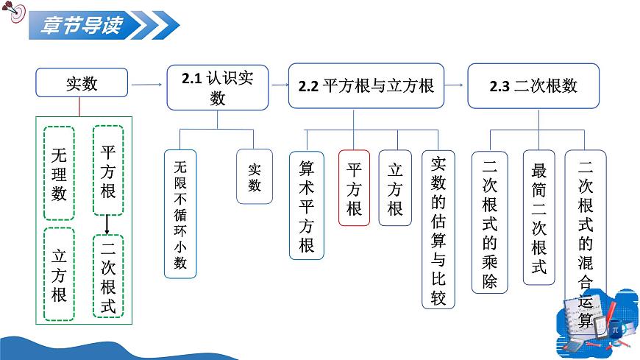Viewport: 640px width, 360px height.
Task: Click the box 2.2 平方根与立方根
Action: tap(366, 86)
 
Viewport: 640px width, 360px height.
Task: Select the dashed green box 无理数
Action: tap(60, 173)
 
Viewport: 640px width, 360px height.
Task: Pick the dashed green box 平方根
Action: tap(108, 173)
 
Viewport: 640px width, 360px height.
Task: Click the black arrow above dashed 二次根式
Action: tap(108, 225)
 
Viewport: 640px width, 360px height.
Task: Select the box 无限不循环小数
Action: tap(180, 213)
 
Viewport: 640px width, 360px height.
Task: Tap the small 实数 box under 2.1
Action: tap(254, 177)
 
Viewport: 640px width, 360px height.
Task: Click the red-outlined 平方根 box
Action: tap(354, 188)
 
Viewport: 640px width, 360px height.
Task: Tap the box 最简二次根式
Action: tap(539, 217)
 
